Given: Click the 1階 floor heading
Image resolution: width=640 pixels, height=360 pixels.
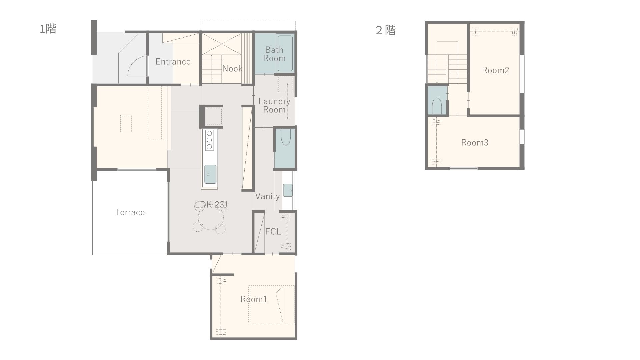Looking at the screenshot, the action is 48,29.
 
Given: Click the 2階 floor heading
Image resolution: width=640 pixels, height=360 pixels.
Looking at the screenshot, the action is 385,30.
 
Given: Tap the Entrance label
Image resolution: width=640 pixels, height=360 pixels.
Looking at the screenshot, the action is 173,62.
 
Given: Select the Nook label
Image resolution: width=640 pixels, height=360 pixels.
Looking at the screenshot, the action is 232,69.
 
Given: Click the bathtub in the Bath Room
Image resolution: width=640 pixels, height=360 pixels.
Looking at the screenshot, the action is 285,54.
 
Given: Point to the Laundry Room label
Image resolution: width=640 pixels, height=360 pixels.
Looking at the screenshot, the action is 274,105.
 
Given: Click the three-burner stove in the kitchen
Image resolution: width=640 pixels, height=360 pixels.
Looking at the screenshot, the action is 209,140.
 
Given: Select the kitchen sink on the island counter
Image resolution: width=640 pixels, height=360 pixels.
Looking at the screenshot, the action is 210,174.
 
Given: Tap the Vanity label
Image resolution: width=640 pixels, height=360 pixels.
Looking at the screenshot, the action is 267,196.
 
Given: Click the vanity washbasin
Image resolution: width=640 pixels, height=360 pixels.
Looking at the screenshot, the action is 288,190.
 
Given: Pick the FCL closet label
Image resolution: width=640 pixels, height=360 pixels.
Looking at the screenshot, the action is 273,231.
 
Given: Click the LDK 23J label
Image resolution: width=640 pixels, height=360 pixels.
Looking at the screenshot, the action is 211,205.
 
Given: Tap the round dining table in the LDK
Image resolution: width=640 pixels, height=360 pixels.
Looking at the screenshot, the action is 211,219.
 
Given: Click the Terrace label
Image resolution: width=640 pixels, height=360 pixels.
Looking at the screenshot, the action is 130,212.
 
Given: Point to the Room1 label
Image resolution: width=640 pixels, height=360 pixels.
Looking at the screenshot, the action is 254,299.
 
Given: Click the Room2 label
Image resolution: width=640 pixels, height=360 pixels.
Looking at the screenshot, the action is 495,70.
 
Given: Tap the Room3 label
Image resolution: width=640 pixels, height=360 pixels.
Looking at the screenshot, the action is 475,143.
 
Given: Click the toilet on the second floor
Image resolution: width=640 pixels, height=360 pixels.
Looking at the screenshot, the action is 437,106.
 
